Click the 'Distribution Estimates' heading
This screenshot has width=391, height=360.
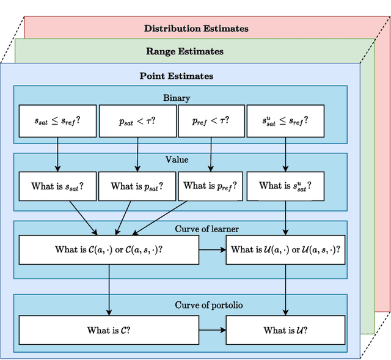point(196,28)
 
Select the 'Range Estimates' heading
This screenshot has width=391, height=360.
point(185,51)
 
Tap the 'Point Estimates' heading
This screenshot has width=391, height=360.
point(177,76)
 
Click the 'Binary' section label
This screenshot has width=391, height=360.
point(177,98)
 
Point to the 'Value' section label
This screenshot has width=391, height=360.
point(177,160)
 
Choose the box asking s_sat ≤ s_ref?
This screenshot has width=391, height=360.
point(57,121)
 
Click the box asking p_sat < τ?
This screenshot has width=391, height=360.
point(137,121)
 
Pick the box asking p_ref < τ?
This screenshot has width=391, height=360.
point(211,121)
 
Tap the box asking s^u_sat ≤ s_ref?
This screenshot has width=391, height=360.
point(285,121)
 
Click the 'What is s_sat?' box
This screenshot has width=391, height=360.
point(57,186)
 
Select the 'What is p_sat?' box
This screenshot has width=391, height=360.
point(137,186)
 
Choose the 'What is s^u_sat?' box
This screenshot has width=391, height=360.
point(285,186)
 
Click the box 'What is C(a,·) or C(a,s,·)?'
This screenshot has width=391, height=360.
point(109,249)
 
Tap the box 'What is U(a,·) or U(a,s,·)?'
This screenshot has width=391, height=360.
point(285,249)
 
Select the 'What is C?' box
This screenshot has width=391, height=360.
point(109,330)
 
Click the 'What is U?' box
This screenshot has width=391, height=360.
point(285,330)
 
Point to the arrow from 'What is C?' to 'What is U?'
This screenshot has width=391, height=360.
point(213,330)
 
